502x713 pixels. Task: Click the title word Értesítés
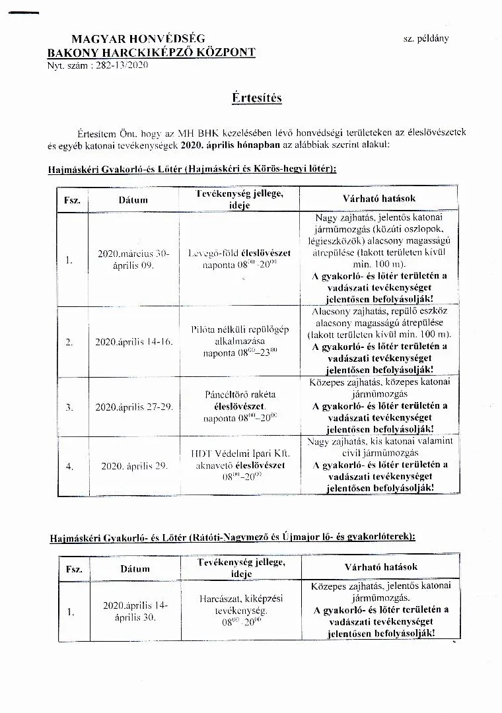(257, 98)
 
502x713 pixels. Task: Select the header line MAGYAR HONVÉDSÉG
(138, 40)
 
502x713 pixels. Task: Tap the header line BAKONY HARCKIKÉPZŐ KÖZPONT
(151, 52)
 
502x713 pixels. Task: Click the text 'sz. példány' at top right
(425, 38)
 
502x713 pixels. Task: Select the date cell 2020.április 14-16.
(134, 342)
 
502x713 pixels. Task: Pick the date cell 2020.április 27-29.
(134, 407)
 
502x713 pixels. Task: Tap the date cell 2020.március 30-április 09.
(134, 259)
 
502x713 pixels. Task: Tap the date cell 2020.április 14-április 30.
(135, 611)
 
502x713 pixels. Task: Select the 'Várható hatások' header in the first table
(379, 198)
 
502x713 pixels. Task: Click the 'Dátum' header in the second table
(135, 568)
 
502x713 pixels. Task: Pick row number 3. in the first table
(69, 407)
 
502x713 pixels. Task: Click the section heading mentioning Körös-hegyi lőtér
(192, 169)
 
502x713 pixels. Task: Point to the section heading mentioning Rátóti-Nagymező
(233, 537)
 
